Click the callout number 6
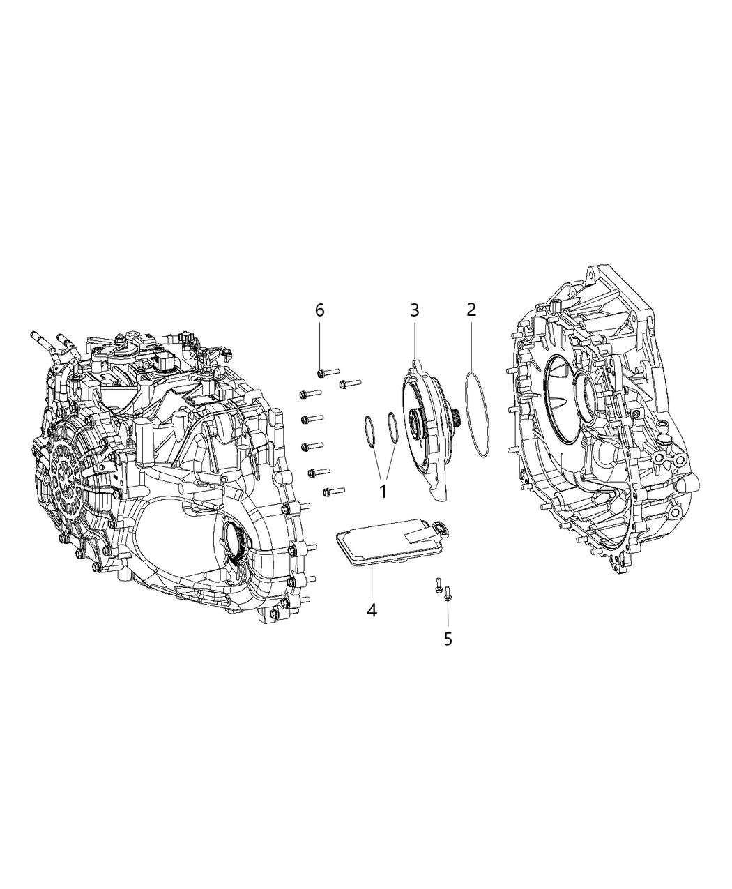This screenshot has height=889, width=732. click(x=320, y=310)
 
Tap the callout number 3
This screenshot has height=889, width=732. click(x=414, y=310)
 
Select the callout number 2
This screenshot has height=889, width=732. click(x=471, y=310)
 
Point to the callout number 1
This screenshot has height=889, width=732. click(x=382, y=491)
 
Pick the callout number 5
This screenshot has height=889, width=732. click(x=448, y=638)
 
